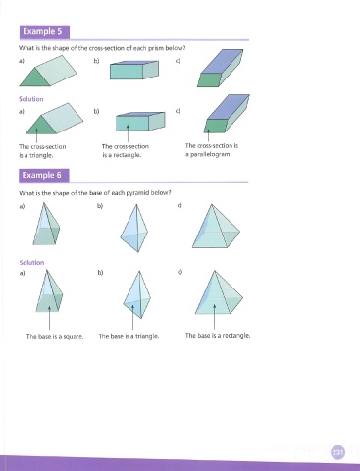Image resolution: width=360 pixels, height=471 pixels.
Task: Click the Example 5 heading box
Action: tap(44, 32)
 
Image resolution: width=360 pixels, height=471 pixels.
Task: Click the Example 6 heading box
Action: tap(44, 175)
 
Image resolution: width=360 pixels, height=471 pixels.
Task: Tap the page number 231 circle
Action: tap(337, 452)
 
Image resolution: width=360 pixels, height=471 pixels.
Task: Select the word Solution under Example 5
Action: tap(31, 99)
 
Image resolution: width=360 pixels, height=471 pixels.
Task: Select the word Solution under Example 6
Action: tap(31, 263)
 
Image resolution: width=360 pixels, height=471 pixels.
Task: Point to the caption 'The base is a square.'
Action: tap(55, 336)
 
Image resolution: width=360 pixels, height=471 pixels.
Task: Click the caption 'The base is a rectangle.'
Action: tap(218, 336)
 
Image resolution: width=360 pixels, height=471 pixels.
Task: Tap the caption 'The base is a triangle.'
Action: tap(129, 336)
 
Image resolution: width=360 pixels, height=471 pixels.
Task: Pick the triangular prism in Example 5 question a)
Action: tap(48, 71)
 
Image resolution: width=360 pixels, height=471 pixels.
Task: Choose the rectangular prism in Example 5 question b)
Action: tap(134, 70)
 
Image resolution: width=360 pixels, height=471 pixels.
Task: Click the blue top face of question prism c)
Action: tap(222, 62)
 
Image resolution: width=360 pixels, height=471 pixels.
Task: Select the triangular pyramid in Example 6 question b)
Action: tap(134, 229)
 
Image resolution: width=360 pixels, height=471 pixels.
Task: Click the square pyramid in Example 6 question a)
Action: tap(46, 224)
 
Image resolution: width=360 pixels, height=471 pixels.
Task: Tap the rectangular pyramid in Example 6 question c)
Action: tap(216, 227)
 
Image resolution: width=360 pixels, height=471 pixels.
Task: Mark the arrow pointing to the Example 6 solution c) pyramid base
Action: tap(215, 317)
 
